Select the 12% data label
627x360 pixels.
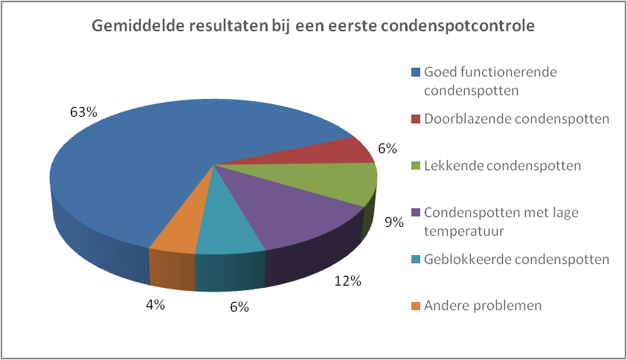[x=347, y=281]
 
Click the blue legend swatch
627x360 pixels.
[x=416, y=73]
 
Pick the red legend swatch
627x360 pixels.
[x=416, y=119]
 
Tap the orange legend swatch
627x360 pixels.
[x=416, y=306]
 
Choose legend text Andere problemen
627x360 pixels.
[x=483, y=306]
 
